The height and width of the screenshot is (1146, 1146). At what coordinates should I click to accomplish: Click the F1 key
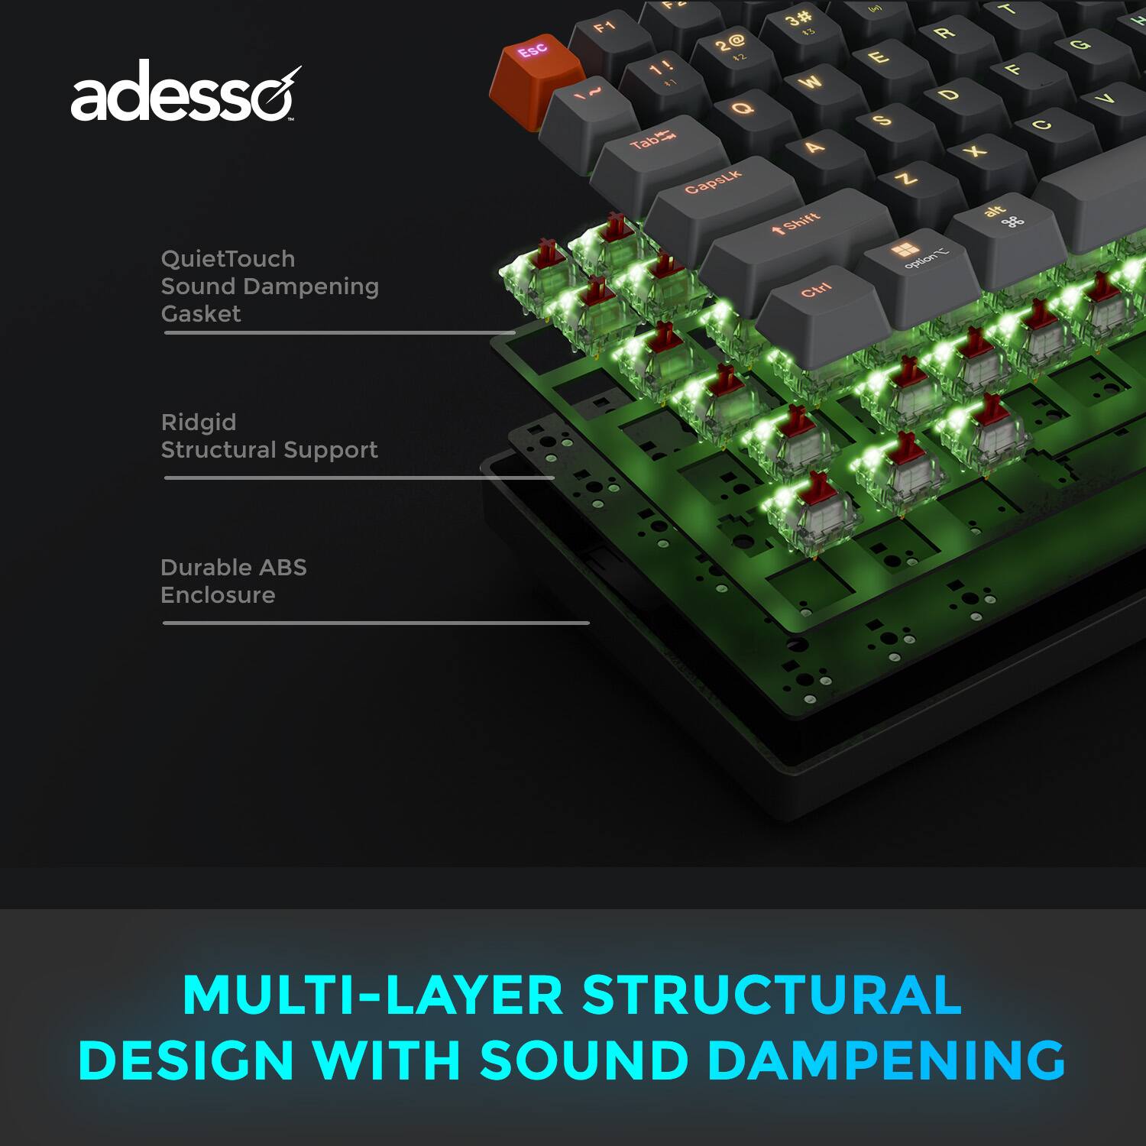tap(605, 28)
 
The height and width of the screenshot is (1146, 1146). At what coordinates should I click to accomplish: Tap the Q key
tap(743, 108)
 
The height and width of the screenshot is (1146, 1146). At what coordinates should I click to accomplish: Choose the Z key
tap(906, 179)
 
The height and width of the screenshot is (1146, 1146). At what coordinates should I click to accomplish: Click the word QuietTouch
tap(228, 259)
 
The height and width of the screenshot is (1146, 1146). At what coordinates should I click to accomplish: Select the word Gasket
tap(201, 314)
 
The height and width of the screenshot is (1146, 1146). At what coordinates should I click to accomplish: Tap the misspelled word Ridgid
tap(199, 422)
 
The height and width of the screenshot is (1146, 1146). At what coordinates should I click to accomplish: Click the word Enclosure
tap(218, 595)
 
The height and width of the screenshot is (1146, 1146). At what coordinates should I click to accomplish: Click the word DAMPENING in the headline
tap(885, 1060)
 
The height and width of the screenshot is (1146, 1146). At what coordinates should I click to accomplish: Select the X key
tap(975, 151)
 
